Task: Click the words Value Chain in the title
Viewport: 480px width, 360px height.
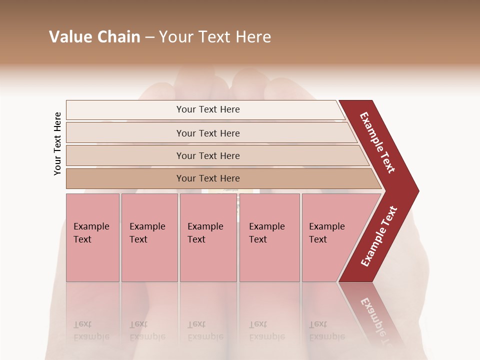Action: click(x=94, y=37)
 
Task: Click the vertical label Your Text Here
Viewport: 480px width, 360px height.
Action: click(x=57, y=143)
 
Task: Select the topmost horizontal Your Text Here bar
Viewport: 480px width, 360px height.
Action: click(x=208, y=109)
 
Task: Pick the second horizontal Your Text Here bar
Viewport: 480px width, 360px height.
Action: click(x=208, y=133)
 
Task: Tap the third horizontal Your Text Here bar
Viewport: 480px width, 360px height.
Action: click(x=208, y=155)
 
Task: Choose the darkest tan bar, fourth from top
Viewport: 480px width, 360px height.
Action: click(x=208, y=178)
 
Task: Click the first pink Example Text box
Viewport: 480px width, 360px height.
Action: click(x=92, y=237)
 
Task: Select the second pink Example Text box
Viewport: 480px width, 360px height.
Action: click(x=149, y=237)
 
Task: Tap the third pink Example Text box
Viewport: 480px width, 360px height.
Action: click(x=208, y=237)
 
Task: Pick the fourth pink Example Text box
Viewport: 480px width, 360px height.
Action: click(x=269, y=237)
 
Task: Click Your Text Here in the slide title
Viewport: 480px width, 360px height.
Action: click(x=215, y=37)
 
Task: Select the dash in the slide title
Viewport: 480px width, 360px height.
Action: click(x=149, y=37)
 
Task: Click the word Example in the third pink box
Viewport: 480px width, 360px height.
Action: click(x=205, y=226)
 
